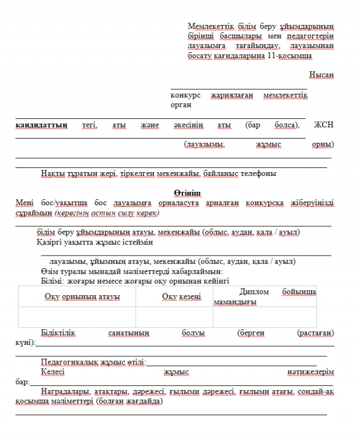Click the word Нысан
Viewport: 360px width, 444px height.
click(322, 75)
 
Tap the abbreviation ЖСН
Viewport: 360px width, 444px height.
click(324, 125)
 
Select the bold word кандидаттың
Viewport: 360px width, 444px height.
click(41, 125)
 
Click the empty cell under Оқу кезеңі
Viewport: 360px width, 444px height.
click(175, 317)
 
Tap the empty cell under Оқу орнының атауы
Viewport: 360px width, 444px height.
click(77, 317)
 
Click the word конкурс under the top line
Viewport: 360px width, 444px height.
click(185, 95)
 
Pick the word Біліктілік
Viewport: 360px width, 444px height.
click(58, 332)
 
